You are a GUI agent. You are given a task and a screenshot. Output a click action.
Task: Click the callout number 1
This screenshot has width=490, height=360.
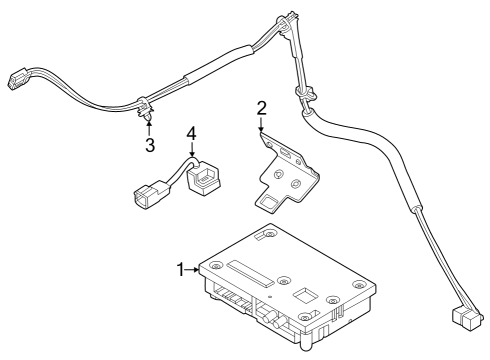tap(181, 268)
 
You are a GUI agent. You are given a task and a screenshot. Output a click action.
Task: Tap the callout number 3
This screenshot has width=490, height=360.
tap(149, 145)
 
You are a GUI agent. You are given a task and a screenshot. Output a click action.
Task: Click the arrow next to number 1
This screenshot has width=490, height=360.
tap(194, 268)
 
